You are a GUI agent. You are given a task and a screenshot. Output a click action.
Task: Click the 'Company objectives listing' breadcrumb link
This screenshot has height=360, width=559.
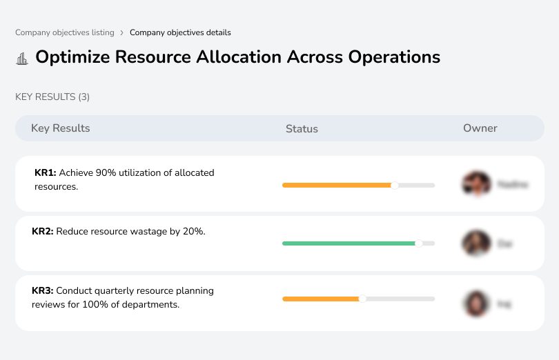coord(64,32)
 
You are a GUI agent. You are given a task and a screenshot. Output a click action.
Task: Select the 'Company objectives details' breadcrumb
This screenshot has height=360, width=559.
coord(180,32)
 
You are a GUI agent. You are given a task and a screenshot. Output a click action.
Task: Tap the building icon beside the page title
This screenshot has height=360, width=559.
coord(22,59)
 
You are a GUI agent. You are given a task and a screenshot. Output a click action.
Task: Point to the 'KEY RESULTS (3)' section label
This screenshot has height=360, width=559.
coord(52,97)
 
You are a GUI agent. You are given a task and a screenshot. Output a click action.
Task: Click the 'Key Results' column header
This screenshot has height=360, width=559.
coord(60,128)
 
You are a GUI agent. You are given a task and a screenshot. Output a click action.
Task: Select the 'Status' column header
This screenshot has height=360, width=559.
coord(302,129)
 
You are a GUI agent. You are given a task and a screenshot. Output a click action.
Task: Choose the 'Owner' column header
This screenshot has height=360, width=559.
coord(480,128)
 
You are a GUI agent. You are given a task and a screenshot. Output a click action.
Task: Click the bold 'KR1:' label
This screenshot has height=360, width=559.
coord(45,173)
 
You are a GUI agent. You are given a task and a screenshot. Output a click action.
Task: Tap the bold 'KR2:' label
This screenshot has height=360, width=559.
coord(43,232)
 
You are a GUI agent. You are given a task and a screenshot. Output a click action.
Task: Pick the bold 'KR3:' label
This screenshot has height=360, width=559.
coord(43,291)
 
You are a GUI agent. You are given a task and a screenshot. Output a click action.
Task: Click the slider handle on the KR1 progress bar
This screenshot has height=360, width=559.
coord(395,185)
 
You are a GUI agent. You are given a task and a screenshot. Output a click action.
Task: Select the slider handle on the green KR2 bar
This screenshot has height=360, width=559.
coord(418,243)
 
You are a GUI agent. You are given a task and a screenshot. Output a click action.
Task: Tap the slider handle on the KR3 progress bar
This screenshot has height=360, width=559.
coord(362,299)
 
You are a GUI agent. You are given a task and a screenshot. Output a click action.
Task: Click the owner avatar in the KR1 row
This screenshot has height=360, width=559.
coord(476,184)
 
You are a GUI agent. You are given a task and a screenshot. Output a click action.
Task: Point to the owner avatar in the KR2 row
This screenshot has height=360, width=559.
coord(476,243)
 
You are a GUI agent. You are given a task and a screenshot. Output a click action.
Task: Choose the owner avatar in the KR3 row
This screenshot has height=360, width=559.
coord(476,303)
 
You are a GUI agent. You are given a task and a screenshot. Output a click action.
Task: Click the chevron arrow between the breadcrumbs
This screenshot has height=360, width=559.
coord(122,32)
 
